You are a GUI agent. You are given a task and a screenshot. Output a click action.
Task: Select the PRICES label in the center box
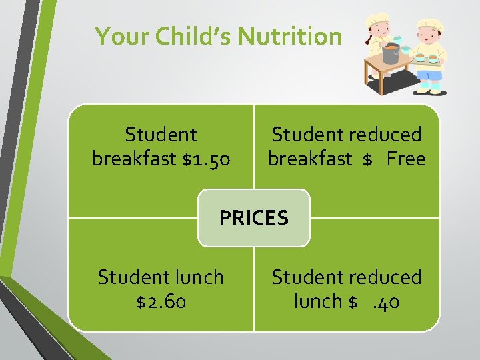254,217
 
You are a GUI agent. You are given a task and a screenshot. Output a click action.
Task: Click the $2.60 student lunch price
161,301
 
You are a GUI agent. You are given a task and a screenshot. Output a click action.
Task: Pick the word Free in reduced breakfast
405,159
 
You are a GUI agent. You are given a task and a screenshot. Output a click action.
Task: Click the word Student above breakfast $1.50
161,135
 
